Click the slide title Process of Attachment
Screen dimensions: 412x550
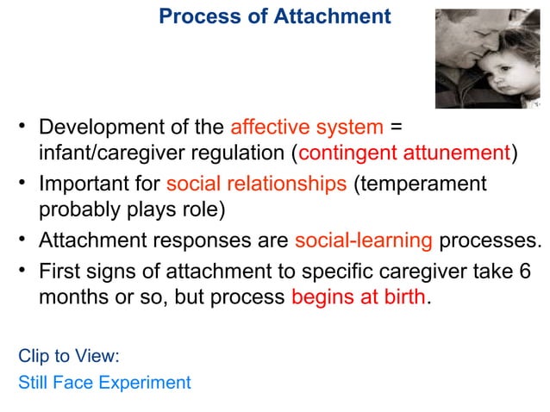275,16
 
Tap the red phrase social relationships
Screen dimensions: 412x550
256,184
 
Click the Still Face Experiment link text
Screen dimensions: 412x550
104,382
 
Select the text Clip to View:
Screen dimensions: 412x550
68,356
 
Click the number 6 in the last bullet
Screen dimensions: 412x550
526,270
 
